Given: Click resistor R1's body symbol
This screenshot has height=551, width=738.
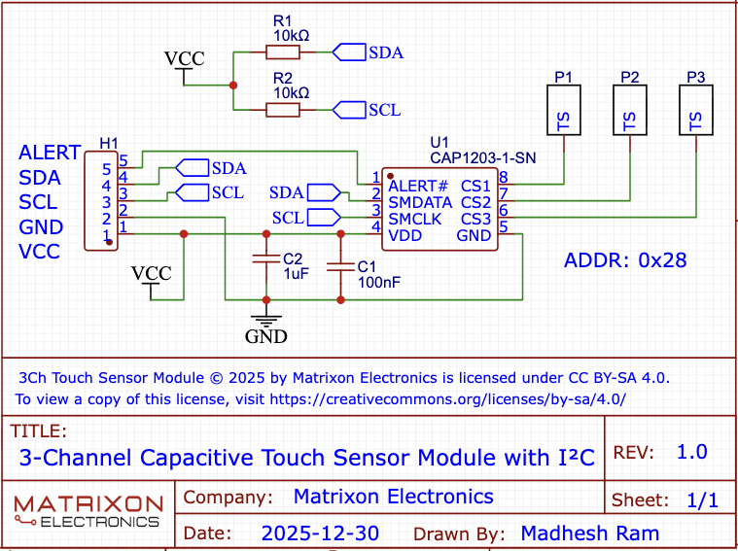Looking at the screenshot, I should (x=283, y=52).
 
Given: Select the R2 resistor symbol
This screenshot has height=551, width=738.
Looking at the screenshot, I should (x=283, y=110).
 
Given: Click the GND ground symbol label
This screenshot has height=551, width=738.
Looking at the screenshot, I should (x=265, y=337).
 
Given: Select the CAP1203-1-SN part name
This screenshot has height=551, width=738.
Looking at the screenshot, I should (x=482, y=156).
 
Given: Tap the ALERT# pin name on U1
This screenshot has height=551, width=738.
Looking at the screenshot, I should (x=418, y=186).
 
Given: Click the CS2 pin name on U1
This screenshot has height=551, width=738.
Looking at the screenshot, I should (x=475, y=202).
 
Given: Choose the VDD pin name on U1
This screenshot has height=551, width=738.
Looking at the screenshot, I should (x=405, y=234).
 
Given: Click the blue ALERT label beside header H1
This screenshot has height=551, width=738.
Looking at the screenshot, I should (x=50, y=153).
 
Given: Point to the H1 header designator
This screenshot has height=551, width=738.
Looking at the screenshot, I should (x=109, y=144).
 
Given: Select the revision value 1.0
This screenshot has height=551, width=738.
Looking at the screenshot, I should (x=692, y=452).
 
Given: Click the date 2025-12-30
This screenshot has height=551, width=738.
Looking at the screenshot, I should (x=320, y=534).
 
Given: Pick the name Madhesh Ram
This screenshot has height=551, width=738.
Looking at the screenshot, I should (x=589, y=534).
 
